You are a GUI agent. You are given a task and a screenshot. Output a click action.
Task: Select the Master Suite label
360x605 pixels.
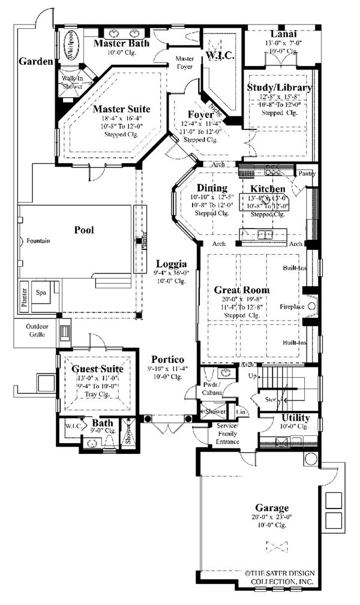click(121, 110)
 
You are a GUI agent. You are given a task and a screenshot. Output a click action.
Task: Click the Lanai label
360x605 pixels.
click(281, 34)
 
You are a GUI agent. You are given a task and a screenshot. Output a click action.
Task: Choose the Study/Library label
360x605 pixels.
click(280, 88)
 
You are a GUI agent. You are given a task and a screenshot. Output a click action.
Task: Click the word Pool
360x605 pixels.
click(83, 229)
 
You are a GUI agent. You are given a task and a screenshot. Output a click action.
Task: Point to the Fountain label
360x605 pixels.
click(38, 240)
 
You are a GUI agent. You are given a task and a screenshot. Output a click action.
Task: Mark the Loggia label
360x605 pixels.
click(171, 263)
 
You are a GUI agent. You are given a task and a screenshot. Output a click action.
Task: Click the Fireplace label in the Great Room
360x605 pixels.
click(293, 306)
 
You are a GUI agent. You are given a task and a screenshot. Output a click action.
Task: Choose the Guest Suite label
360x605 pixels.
click(97, 369)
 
